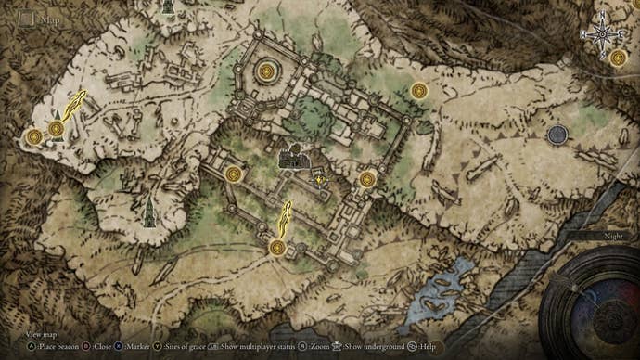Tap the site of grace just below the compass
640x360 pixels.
point(618,58)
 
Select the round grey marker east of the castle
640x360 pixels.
point(557,135)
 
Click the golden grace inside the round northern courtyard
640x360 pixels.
point(269,70)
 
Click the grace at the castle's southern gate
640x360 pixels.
point(276,247)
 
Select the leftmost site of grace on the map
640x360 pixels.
point(34,137)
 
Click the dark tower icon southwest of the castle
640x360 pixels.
point(148,213)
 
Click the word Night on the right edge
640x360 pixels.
point(614,237)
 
